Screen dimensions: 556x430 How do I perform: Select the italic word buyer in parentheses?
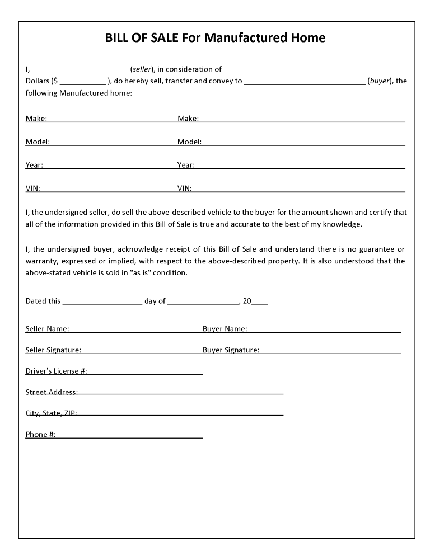[379, 81]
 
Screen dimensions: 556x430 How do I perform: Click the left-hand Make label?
[36, 118]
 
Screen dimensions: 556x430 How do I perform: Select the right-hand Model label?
[189, 142]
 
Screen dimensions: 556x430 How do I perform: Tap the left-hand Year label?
[34, 165]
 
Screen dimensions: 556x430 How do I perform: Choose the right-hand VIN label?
[184, 189]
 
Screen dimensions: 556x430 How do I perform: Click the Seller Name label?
[47, 329]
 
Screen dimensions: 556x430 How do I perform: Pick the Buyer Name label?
[225, 329]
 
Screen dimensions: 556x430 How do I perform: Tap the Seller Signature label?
[53, 350]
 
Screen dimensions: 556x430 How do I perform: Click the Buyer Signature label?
[231, 350]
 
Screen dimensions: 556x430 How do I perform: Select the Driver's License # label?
[56, 371]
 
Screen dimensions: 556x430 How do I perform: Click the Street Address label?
[52, 392]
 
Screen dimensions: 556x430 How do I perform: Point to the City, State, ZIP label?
[51, 413]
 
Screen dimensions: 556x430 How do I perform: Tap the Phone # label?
[40, 435]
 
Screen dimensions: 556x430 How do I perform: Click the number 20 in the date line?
[247, 301]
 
